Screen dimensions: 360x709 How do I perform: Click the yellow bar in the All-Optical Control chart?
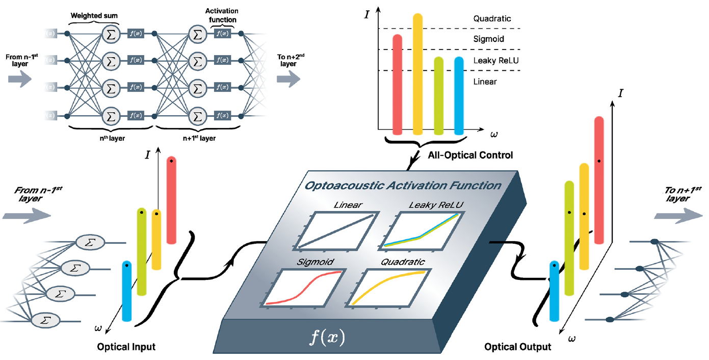click(417, 71)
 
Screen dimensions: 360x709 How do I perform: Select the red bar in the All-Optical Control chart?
click(398, 82)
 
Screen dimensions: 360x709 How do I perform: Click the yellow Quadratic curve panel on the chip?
click(389, 288)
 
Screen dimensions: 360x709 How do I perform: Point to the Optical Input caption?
click(126, 347)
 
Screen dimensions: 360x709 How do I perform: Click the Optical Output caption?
click(518, 347)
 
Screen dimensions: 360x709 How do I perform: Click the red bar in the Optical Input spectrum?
click(172, 200)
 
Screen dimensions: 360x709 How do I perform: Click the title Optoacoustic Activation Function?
click(403, 185)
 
